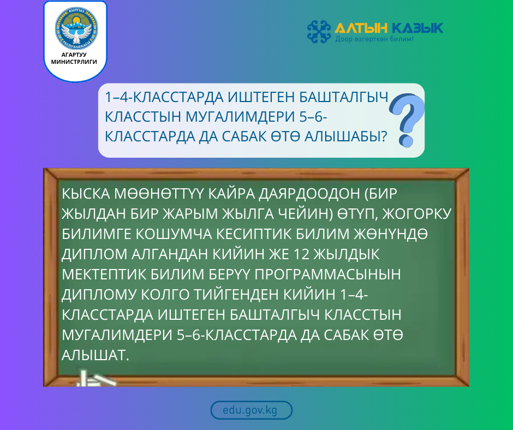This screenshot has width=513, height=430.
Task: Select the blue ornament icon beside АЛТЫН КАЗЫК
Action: (x=319, y=31)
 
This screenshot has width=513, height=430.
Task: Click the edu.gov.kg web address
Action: (x=251, y=410)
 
